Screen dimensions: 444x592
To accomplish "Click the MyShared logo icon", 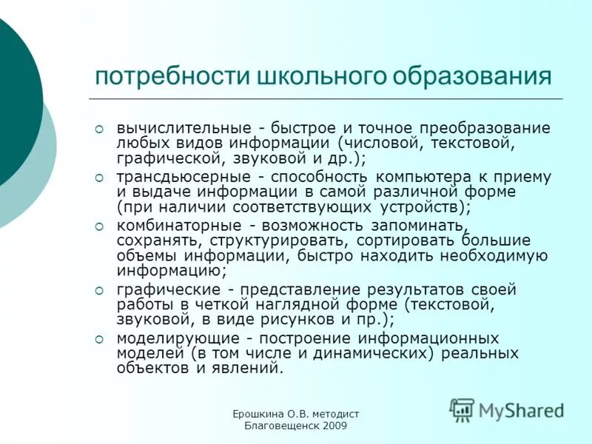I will point(462,408).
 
